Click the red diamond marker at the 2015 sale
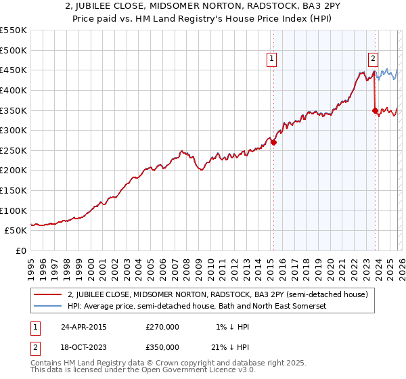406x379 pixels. pyautogui.click(x=273, y=143)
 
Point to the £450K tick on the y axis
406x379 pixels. pyautogui.click(x=14, y=70)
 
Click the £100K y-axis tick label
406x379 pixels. pyautogui.click(x=14, y=210)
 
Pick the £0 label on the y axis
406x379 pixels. pyautogui.click(x=21, y=250)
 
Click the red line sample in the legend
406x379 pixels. pyautogui.click(x=49, y=294)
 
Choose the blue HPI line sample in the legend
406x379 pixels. pyautogui.click(x=49, y=306)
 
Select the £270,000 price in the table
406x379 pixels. pyautogui.click(x=162, y=327)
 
